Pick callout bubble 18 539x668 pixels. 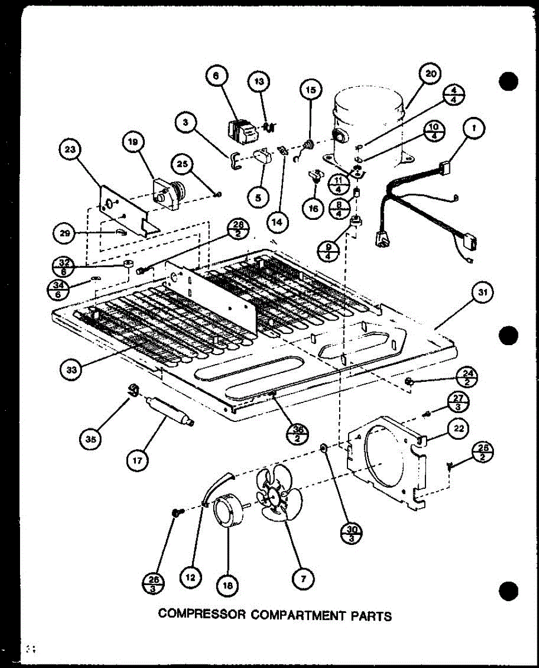228,584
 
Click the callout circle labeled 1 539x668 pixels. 474,130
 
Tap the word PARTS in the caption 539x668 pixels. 372,616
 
